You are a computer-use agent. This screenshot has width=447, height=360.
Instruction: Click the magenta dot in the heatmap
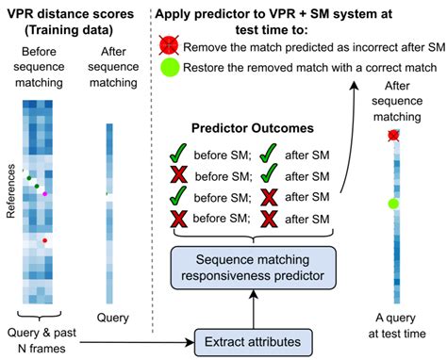43,193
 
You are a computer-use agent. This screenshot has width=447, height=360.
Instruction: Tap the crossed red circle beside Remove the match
170,46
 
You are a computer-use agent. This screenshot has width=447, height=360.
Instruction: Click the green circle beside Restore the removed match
170,68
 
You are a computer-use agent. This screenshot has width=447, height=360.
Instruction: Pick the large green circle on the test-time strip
395,204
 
